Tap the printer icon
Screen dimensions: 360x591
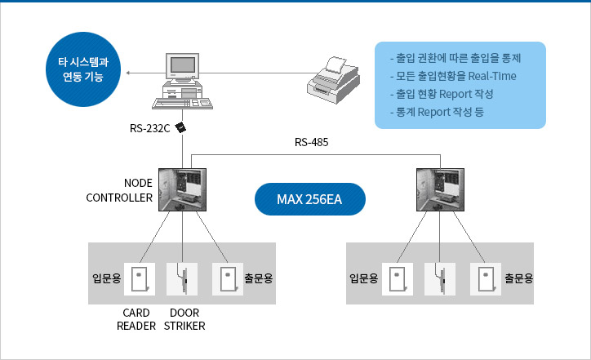pyautogui.click(x=333, y=79)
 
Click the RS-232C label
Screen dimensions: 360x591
pyautogui.click(x=149, y=128)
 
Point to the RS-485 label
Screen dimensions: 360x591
pyautogui.click(x=312, y=143)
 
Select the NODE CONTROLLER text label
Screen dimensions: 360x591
pyautogui.click(x=120, y=190)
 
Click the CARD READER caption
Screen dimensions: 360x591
pyautogui.click(x=136, y=319)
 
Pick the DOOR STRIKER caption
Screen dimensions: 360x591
pyautogui.click(x=184, y=319)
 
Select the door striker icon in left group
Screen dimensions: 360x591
pyautogui.click(x=183, y=279)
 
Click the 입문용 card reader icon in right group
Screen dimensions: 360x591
pyautogui.click(x=398, y=279)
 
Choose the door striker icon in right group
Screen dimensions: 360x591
pyautogui.click(x=441, y=279)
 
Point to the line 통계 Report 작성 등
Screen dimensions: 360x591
pyautogui.click(x=438, y=112)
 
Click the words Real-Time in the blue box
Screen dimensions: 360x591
pyautogui.click(x=492, y=76)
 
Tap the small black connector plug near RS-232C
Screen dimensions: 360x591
pyautogui.click(x=181, y=127)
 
